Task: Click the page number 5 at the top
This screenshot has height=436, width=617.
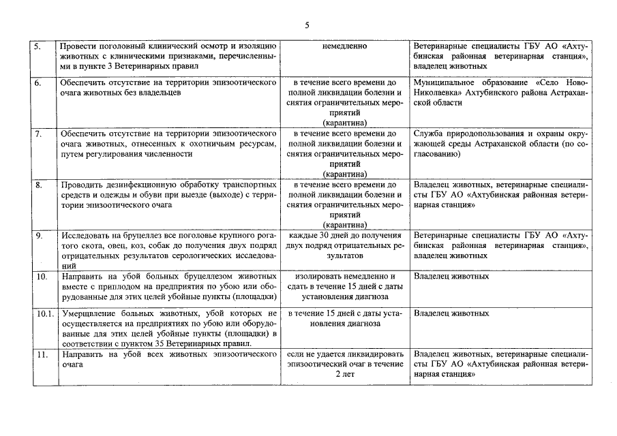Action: click(x=307, y=25)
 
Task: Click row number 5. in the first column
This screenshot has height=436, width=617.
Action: click(x=39, y=46)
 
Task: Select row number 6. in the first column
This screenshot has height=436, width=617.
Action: click(x=39, y=82)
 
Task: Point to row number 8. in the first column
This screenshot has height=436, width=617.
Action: click(x=39, y=184)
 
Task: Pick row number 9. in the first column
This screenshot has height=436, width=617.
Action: click(x=39, y=235)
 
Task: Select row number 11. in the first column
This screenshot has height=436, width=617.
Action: click(x=41, y=354)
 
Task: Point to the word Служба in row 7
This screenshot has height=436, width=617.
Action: click(x=431, y=133)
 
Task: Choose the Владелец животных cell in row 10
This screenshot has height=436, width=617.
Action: click(x=451, y=277)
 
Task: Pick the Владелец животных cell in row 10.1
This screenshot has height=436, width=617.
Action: click(x=451, y=313)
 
